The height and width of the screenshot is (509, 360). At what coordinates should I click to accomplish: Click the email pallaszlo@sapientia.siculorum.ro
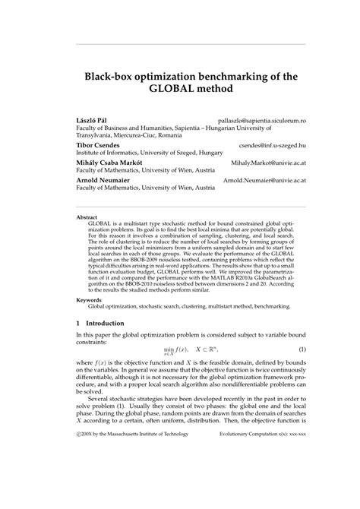(x=261, y=121)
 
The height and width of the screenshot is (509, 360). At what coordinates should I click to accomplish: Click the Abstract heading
(x=87, y=217)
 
